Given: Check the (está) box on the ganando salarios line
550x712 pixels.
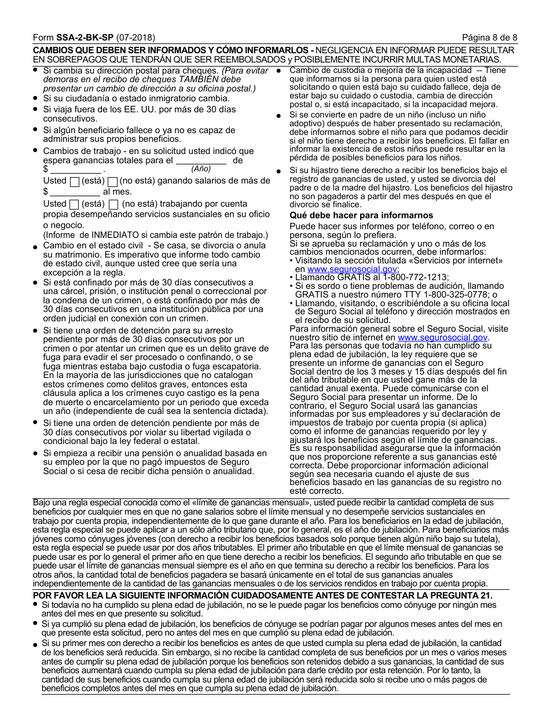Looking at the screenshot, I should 74,181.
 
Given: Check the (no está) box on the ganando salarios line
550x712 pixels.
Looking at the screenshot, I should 113,181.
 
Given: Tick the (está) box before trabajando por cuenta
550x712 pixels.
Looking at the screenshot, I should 74,204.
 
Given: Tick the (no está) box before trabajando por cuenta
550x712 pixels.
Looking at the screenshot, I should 113,204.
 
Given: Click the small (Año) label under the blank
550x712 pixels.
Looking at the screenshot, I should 201,169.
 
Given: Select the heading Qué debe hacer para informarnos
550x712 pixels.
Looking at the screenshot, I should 361,215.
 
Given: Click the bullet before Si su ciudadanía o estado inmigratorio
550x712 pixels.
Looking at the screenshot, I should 36,98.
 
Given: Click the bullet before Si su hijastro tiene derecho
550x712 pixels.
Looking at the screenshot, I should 278,171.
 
